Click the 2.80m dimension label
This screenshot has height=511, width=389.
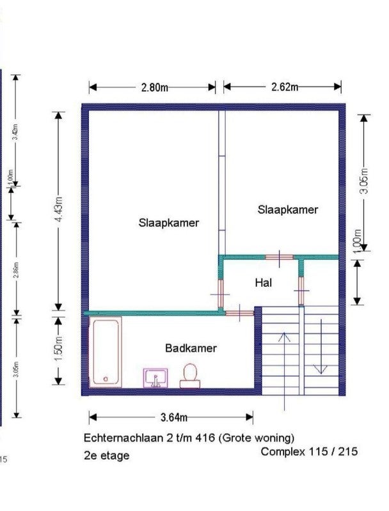(154, 88)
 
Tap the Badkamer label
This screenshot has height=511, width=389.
(191, 348)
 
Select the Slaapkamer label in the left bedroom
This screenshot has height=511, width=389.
(168, 223)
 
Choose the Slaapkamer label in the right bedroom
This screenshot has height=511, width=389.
(288, 209)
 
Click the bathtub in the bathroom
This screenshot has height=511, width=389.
(106, 352)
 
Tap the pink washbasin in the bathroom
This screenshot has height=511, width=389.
(156, 378)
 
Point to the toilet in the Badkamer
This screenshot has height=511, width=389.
(189, 375)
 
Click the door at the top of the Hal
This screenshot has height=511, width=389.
(280, 257)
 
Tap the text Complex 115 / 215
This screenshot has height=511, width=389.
(309, 452)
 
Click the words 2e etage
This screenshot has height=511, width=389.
(106, 455)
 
